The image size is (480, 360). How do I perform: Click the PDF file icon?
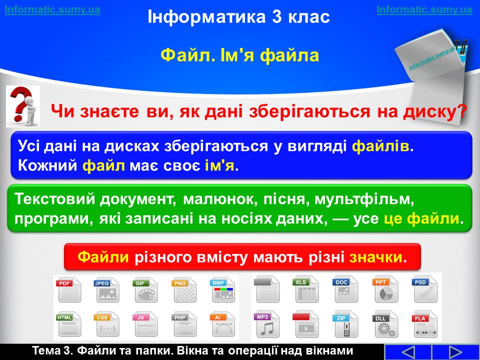[68, 289]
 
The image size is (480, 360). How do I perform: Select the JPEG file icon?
[106, 289]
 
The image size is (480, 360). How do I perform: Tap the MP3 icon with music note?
[266, 324]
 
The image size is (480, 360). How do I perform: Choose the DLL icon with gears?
[385, 324]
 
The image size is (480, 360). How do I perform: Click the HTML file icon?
[68, 324]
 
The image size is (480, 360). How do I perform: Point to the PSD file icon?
[425, 289]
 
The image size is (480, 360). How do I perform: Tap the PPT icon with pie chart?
[385, 289]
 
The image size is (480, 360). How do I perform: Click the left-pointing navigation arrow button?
[407, 352]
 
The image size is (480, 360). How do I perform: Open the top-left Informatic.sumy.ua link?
[52, 9]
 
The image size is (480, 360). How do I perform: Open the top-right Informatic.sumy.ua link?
[424, 9]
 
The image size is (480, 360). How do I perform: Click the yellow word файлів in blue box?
[380, 146]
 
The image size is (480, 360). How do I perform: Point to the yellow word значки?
[375, 257]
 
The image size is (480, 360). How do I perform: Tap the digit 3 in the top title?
[276, 16]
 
